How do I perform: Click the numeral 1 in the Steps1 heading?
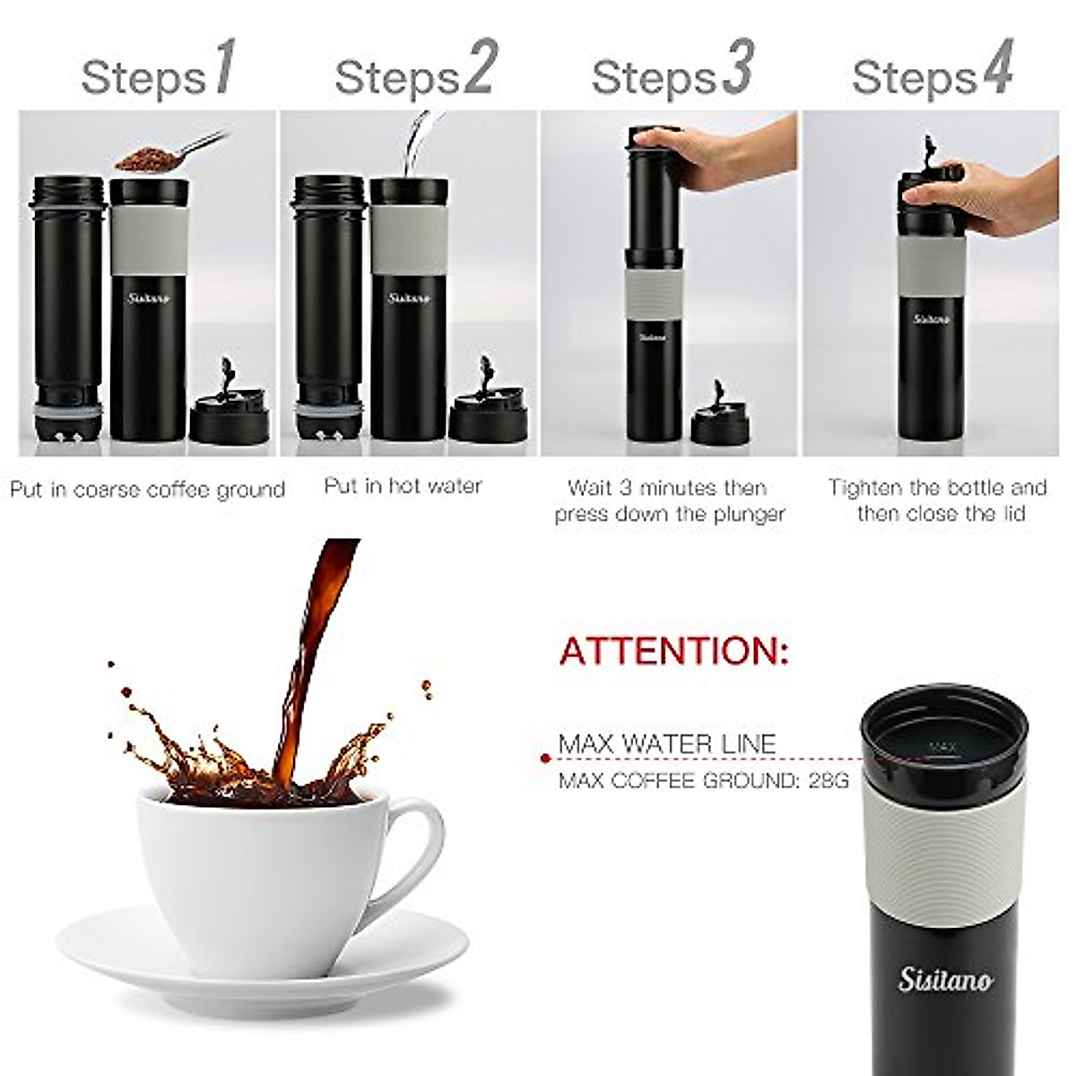[x=223, y=67]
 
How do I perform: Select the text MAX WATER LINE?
[x=666, y=744]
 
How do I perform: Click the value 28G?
[x=828, y=781]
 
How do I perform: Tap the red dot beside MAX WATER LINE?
[x=544, y=759]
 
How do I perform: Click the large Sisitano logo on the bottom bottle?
[x=945, y=980]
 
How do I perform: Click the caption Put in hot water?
[x=403, y=486]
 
